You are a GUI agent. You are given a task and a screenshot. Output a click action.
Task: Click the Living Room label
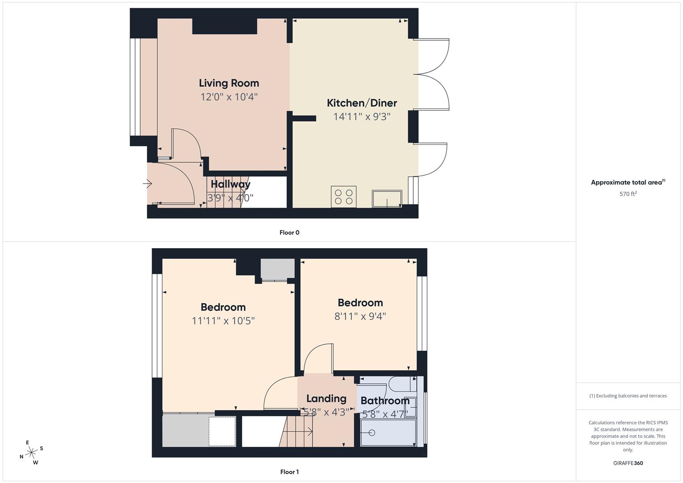229,83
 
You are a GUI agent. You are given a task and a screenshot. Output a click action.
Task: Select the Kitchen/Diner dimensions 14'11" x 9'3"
362,117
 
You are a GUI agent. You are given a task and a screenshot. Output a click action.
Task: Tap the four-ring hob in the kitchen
344,197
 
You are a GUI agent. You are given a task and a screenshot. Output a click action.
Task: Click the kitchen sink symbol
387,199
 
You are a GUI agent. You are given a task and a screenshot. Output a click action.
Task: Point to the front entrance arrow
148,183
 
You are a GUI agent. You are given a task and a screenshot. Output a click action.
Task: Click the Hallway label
230,184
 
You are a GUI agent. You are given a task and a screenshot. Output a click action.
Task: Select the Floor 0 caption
289,233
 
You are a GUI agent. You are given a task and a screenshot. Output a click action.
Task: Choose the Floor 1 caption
289,472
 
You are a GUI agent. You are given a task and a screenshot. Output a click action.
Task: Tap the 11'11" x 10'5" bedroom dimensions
223,321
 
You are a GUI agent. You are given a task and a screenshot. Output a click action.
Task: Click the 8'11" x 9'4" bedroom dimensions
360,316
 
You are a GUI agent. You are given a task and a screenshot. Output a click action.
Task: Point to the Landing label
326,398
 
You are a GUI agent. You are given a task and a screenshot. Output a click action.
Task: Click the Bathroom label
385,401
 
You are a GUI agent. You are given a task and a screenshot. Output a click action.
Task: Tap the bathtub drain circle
371,433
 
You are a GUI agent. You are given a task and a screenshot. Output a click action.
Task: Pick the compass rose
31,453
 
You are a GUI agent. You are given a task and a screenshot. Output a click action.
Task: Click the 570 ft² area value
628,194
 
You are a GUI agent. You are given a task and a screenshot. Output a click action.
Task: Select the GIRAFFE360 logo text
628,463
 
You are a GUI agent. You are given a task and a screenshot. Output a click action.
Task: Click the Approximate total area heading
628,182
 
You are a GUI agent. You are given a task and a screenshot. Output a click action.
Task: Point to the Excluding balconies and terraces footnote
628,396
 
